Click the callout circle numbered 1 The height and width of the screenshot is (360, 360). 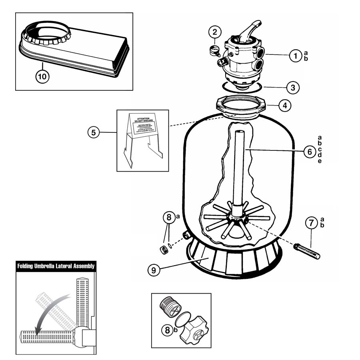point(296,56)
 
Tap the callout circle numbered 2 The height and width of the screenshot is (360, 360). point(215,32)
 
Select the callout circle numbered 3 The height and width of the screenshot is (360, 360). point(293,86)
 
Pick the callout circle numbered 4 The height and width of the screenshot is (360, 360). point(284,106)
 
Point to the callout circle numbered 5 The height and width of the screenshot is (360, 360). point(93,132)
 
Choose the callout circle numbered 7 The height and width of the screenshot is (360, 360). point(312,223)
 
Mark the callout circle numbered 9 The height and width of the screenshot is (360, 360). point(154,270)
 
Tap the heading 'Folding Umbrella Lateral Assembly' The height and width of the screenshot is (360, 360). point(56,266)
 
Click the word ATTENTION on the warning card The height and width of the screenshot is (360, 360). point(143,119)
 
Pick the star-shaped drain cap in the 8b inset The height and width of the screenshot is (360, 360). point(194,330)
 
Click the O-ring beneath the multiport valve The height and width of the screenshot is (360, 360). point(241,87)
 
